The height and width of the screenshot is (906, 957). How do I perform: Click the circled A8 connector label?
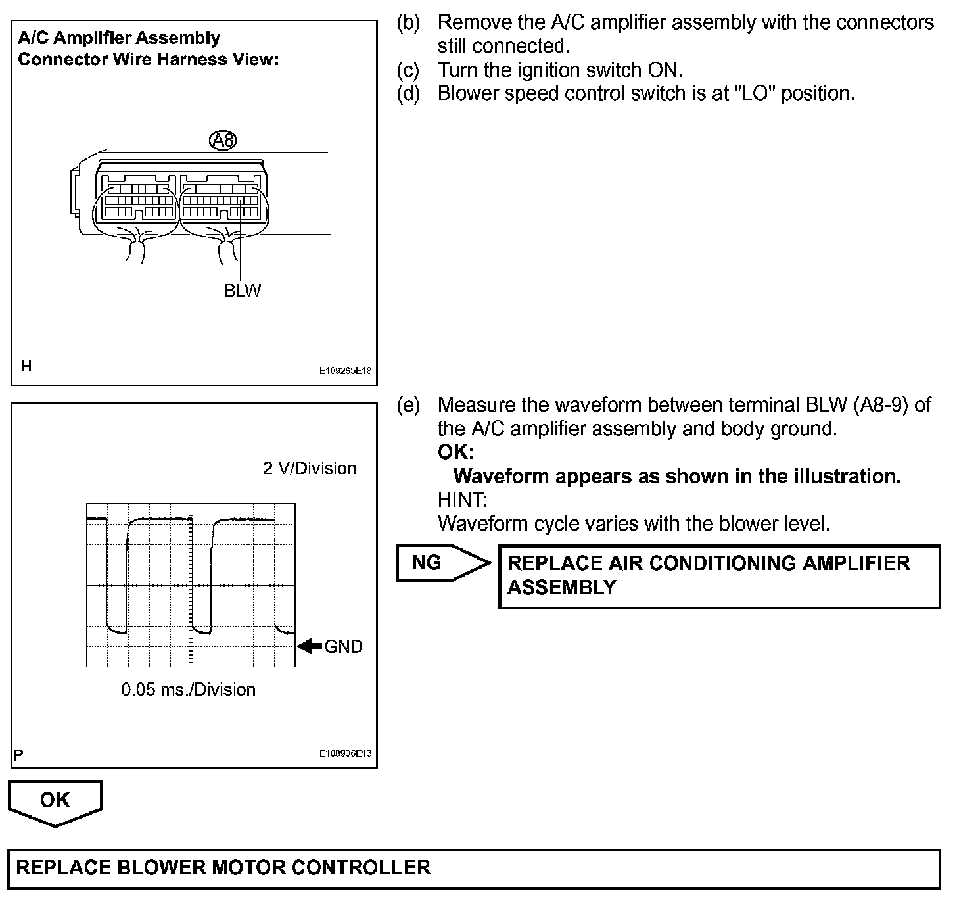223,140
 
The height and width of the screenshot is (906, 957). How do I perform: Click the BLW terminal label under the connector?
242,291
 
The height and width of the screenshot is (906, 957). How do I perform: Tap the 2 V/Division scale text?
310,468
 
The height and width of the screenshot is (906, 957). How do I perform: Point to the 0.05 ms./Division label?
188,690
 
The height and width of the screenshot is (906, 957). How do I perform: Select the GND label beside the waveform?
343,646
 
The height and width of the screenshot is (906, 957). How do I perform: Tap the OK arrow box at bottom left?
55,801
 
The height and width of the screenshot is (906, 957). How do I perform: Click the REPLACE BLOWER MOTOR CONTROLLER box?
473,868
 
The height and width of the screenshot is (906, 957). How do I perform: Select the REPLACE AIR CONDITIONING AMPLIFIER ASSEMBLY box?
719,576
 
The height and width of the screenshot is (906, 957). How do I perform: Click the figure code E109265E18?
346,371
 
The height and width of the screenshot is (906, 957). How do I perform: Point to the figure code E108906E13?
346,753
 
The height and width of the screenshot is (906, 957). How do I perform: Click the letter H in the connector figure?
26,366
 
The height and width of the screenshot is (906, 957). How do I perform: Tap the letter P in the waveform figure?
18,754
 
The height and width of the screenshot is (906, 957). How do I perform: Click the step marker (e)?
408,405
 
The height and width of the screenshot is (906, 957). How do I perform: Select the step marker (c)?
408,70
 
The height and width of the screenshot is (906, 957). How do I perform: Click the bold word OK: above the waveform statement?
455,452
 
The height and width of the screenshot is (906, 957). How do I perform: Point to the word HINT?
462,500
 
